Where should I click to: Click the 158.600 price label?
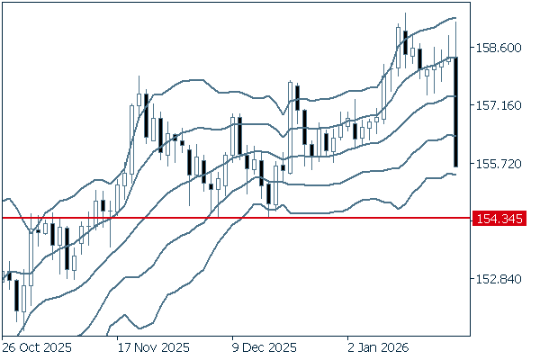coord(497,47)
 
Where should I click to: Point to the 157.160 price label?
coord(497,105)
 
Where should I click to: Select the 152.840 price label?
coord(497,279)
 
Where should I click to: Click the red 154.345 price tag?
coord(498,218)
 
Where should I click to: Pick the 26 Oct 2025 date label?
coord(36,346)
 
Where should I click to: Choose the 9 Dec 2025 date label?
coord(265,346)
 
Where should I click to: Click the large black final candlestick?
coord(457,112)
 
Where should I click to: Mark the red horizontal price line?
coord(234,218)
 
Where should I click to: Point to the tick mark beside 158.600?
coord(473,47)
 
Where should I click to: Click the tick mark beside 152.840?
coord(473,279)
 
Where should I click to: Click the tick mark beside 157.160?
coord(473,105)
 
